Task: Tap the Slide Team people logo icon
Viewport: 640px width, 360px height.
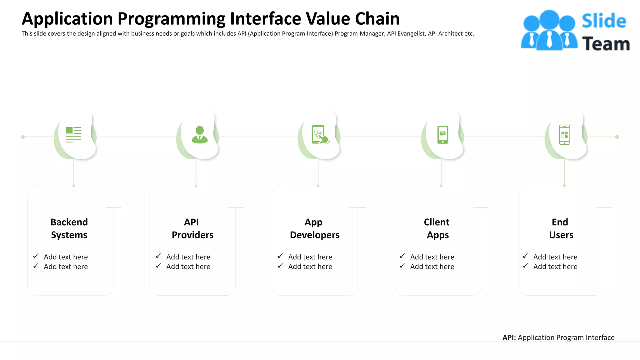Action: (x=549, y=30)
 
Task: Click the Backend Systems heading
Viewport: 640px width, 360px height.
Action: (x=69, y=228)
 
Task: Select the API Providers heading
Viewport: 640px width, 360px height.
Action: (x=192, y=228)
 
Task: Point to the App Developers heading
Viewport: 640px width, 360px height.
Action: (x=314, y=228)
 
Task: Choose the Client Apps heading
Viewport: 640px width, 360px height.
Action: (x=437, y=228)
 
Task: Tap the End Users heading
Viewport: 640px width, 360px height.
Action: (x=561, y=228)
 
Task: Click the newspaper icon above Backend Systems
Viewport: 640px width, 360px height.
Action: (x=73, y=135)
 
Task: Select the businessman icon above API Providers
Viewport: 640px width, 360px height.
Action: (x=200, y=135)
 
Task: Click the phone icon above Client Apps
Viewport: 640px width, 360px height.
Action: (x=442, y=135)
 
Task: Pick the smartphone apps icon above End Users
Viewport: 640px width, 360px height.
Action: (x=564, y=135)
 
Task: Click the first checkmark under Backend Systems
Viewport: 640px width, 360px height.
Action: (x=36, y=256)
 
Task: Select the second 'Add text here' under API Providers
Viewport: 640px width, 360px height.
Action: (x=188, y=267)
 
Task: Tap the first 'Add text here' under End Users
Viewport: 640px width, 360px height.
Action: (x=555, y=257)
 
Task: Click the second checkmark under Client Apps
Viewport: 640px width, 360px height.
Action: (x=402, y=266)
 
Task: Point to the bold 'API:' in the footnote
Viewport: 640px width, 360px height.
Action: (x=509, y=337)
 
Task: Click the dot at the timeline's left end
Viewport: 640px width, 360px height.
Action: (x=23, y=137)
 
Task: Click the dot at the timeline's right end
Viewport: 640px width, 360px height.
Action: (x=617, y=137)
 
